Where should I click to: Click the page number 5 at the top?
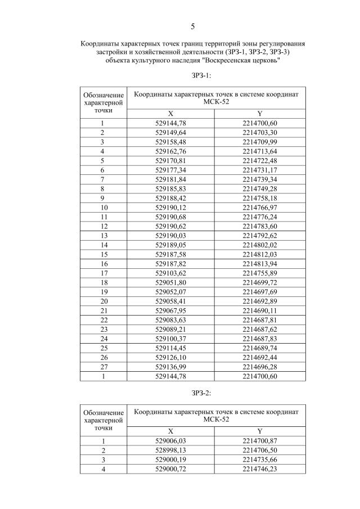pyautogui.click(x=193, y=26)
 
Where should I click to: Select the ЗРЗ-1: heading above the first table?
pyautogui.click(x=193, y=75)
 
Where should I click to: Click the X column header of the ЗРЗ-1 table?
pyautogui.click(x=171, y=113)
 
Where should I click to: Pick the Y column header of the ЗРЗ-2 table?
pyautogui.click(x=260, y=430)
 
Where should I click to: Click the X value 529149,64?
pyautogui.click(x=171, y=133)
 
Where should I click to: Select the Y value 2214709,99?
pyautogui.click(x=260, y=142)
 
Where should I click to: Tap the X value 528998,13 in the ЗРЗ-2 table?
pyautogui.click(x=171, y=450)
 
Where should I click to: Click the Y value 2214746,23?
pyautogui.click(x=260, y=469)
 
